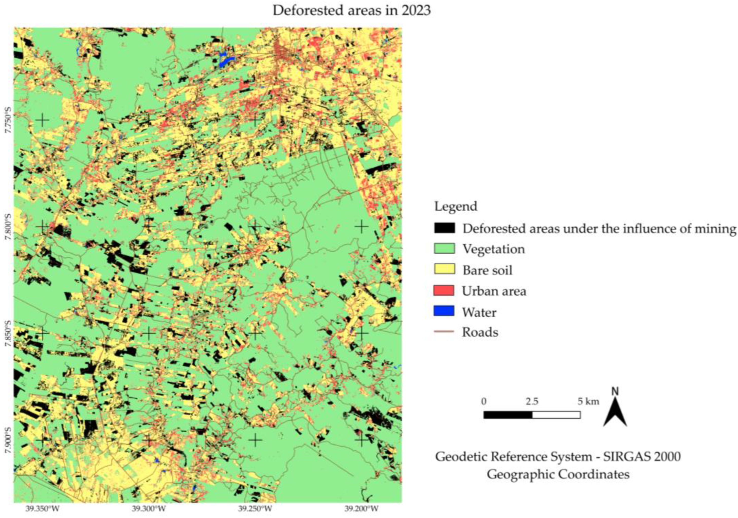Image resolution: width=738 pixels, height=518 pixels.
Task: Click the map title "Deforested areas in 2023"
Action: [352, 11]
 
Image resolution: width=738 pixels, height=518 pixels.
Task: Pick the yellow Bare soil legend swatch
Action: [444, 269]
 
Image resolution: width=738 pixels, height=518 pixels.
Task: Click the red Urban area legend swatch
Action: [444, 290]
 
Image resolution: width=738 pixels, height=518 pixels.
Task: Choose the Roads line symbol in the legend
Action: [444, 332]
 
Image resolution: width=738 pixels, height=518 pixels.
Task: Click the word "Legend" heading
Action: [456, 206]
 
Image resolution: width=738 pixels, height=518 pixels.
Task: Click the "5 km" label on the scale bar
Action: [588, 402]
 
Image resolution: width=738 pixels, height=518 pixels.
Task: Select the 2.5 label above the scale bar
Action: [532, 402]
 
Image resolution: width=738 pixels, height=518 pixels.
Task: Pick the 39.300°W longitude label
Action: [149, 509]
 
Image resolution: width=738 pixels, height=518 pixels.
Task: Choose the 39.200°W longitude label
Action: [362, 509]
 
